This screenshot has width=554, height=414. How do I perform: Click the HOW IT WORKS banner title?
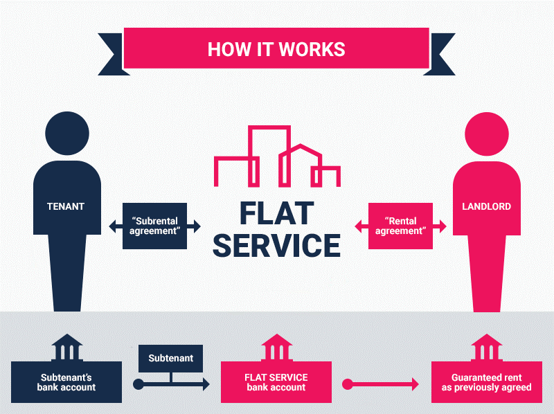pos(276,49)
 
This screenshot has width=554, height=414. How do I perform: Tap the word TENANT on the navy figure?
pos(66,206)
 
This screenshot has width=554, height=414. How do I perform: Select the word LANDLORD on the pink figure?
pos(487,206)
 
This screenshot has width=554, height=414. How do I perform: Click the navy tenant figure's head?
pos(67,133)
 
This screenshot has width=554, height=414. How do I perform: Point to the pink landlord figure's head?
pos(487,134)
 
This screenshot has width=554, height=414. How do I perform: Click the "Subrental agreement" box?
pos(154,226)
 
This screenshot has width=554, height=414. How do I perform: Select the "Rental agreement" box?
pos(401,226)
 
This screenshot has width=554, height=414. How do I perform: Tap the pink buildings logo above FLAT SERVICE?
pos(278,156)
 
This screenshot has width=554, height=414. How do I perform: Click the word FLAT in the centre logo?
pos(277,213)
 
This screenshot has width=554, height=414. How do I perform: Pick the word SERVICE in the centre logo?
pos(276,246)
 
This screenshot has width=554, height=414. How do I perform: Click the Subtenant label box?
pos(170,358)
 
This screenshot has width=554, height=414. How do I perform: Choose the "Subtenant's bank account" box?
pos(66,382)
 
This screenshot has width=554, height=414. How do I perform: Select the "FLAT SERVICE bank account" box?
pos(276,382)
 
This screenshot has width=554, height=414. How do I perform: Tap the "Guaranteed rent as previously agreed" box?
pos(487,382)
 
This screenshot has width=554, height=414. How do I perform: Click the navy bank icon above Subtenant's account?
pos(66,348)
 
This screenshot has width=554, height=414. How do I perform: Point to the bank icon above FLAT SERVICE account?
pos(276,348)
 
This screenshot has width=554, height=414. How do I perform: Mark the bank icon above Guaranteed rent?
pos(487,348)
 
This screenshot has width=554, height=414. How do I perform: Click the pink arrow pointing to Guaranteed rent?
pos(380,384)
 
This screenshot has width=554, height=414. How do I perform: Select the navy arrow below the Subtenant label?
pos(171,384)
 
